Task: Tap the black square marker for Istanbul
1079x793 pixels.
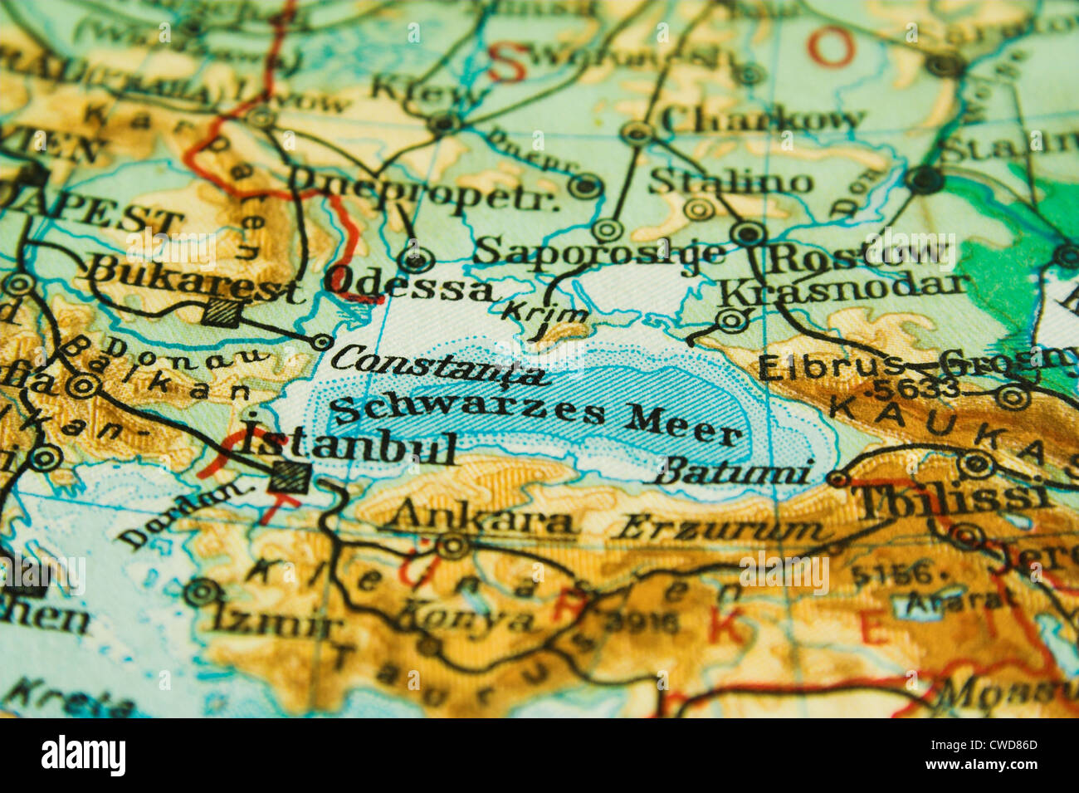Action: (290, 477)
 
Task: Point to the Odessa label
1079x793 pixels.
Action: (410, 286)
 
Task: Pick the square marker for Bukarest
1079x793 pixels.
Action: (222, 311)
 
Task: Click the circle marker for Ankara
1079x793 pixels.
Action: (453, 546)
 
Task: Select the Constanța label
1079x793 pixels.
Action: (439, 365)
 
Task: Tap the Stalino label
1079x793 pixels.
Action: (730, 181)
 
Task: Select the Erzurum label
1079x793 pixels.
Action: (721, 528)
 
